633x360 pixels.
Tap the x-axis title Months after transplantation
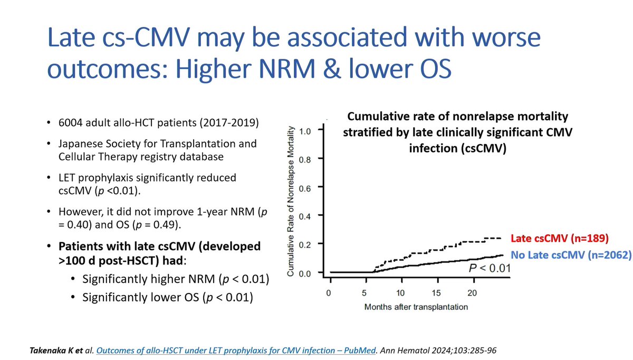click(415, 306)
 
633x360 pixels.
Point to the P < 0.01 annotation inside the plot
click(488, 269)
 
